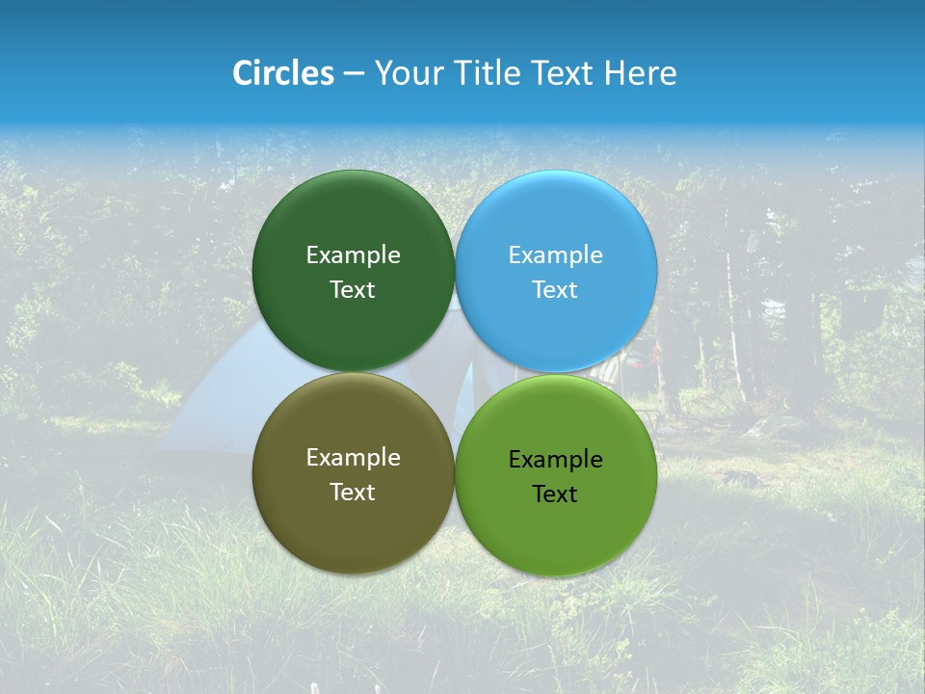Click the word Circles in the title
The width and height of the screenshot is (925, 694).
click(282, 73)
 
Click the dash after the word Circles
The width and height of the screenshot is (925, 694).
click(354, 74)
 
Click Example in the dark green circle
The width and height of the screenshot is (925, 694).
click(353, 254)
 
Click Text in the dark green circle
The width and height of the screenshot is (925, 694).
click(353, 289)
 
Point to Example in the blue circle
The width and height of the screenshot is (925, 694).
click(555, 254)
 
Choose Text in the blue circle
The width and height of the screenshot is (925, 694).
click(555, 289)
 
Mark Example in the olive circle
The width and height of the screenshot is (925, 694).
click(353, 457)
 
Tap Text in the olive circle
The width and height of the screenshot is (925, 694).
click(353, 492)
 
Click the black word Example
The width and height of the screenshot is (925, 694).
click(555, 459)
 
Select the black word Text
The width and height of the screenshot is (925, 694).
click(555, 494)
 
